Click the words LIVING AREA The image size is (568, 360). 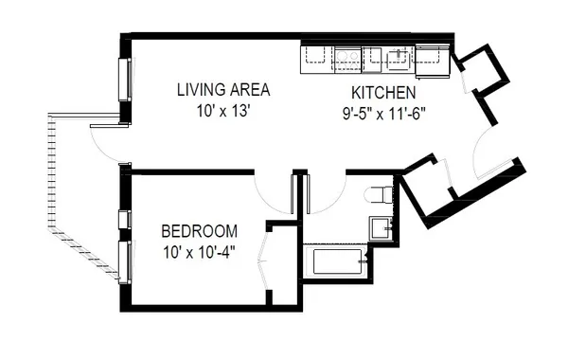(223, 90)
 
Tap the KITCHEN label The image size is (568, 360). (383, 93)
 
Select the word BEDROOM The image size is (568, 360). (199, 231)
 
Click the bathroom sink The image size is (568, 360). (382, 228)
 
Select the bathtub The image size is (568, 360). (335, 262)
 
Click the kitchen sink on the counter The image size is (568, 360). (346, 59)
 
